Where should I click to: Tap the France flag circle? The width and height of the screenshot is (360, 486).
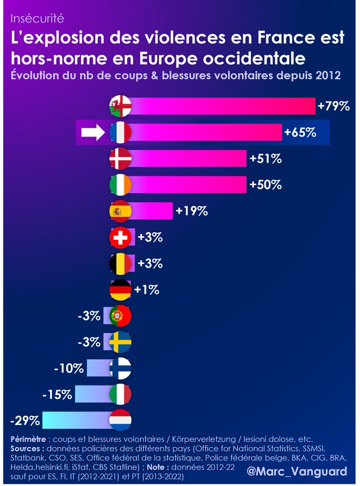click(120, 132)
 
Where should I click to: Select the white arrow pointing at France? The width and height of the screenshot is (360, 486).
click(92, 132)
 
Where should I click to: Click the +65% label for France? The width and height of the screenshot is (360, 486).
click(300, 132)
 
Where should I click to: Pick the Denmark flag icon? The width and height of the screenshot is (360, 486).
click(120, 159)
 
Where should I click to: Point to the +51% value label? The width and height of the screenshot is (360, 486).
click(265, 159)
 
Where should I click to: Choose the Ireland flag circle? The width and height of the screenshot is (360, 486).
click(120, 185)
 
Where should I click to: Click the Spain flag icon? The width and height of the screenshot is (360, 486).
click(120, 211)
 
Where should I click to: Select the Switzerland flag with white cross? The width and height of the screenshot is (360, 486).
click(120, 237)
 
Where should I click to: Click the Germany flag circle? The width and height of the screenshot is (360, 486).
click(120, 290)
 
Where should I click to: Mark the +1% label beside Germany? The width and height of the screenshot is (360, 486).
click(146, 290)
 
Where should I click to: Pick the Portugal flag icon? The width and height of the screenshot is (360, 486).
click(120, 316)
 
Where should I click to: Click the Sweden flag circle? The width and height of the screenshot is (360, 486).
click(120, 342)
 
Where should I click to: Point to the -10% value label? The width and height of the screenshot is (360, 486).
click(69, 369)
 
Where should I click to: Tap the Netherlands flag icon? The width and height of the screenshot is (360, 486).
click(120, 421)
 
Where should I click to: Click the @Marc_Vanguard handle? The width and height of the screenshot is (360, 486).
click(297, 471)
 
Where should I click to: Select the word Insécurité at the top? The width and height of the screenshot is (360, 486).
click(37, 19)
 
